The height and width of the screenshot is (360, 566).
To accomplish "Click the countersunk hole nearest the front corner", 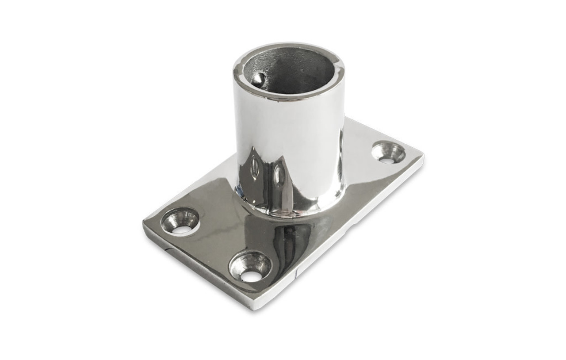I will click(x=250, y=267).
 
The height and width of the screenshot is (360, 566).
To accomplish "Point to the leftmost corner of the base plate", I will click(x=144, y=223).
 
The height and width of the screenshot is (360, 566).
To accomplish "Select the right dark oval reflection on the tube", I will click(x=278, y=174).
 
